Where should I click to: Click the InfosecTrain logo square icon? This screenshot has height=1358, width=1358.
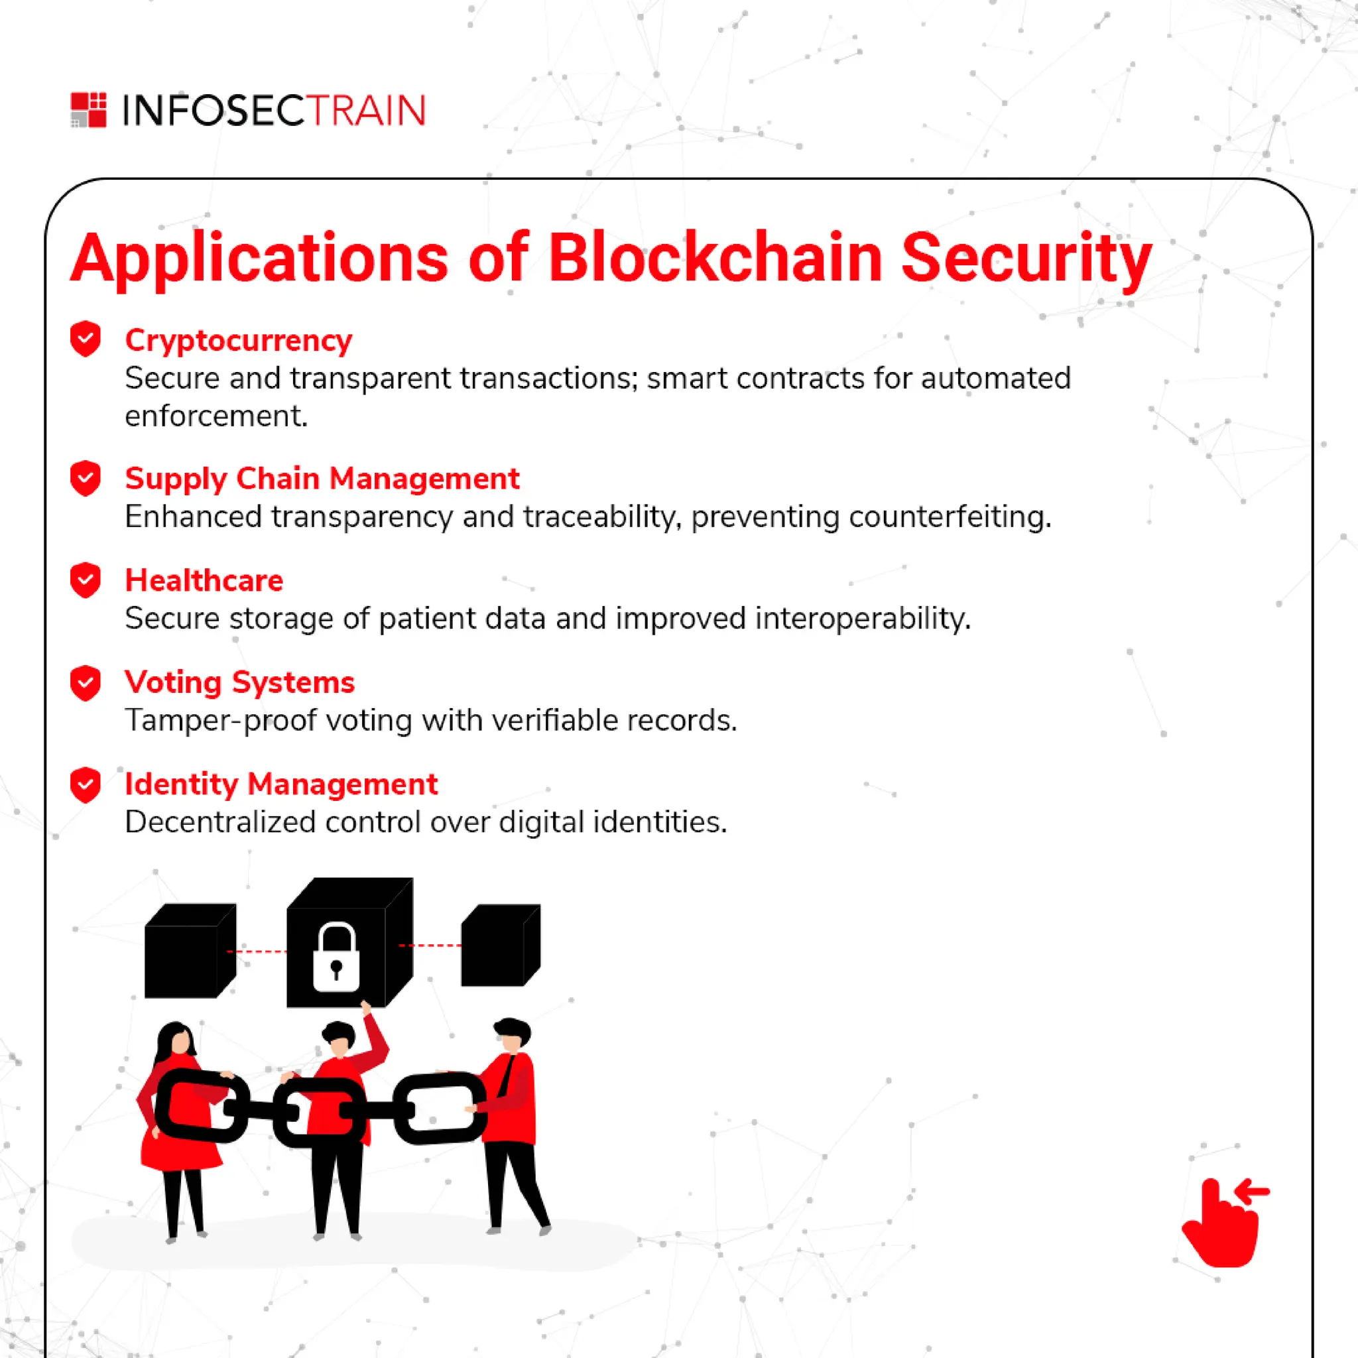[x=89, y=109]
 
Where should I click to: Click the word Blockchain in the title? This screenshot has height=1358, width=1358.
[x=715, y=259]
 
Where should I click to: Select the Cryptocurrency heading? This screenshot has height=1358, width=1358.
[x=238, y=340]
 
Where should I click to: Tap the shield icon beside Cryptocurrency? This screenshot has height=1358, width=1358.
[x=86, y=339]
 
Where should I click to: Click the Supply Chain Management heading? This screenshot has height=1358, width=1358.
[x=322, y=479]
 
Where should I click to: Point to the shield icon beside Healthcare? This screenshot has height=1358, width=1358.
[x=86, y=581]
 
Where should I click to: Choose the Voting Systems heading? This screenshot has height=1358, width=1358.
[x=239, y=682]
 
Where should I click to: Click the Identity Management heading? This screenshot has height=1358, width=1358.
[x=281, y=784]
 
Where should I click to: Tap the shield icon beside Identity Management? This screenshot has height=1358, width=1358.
[x=86, y=784]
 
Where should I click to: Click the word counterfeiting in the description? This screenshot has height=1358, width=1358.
[x=950, y=517]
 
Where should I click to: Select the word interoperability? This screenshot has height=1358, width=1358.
[x=863, y=619]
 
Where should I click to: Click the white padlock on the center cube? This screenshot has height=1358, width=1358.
[x=336, y=958]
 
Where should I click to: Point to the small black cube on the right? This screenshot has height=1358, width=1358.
[x=500, y=946]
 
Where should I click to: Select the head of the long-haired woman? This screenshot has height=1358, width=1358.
[x=176, y=1040]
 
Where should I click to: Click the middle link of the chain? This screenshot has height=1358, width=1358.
[x=320, y=1111]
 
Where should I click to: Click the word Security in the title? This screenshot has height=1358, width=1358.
[x=1026, y=259]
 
